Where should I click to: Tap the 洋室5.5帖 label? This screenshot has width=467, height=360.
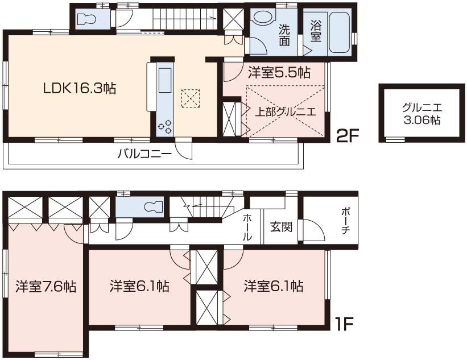click(x=279, y=73)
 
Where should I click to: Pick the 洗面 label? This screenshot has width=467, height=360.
click(x=284, y=35)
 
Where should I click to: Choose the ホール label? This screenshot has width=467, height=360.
click(x=248, y=227)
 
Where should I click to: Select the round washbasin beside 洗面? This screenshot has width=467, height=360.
click(x=262, y=18)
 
